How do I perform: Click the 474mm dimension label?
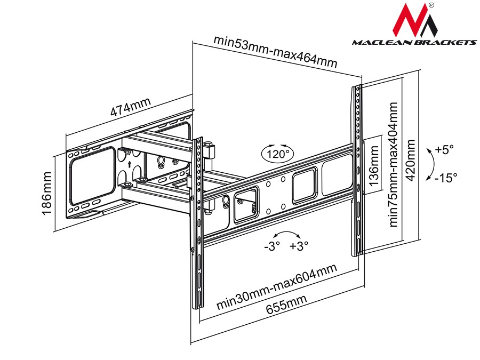(131, 107)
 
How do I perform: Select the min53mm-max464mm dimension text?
(275, 52)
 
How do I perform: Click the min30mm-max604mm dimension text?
(277, 288)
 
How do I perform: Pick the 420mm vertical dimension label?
(410, 161)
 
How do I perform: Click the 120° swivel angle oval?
(277, 154)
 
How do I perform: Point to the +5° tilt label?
(444, 150)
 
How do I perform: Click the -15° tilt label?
(445, 178)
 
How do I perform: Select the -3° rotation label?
(271, 247)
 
